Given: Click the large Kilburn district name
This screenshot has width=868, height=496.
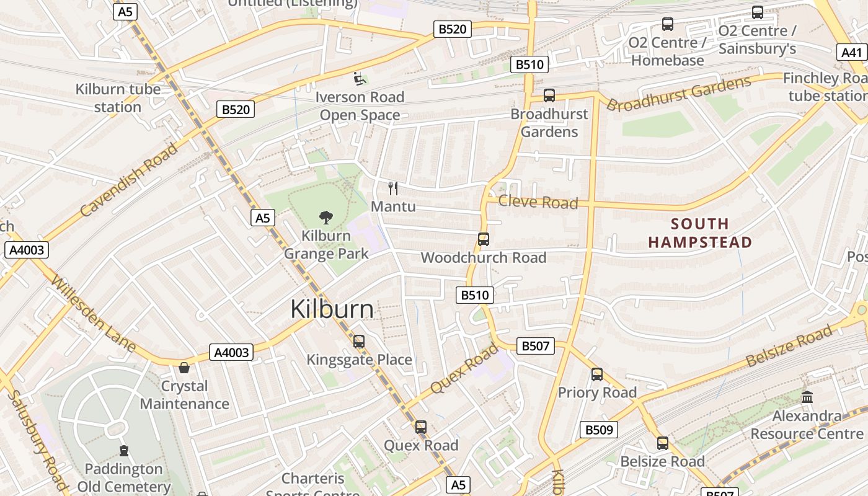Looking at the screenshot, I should point(332,309).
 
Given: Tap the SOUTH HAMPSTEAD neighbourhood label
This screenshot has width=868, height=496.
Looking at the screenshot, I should point(700,233).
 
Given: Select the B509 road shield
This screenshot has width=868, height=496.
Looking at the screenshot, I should point(599,430).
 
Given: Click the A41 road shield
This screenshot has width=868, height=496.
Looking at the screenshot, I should point(851,53).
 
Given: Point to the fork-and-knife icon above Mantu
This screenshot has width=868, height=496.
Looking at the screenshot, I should point(393,188).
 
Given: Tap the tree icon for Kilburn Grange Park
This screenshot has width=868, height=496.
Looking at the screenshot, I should point(325,217).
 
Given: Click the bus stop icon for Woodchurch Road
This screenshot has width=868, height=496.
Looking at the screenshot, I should point(484,239).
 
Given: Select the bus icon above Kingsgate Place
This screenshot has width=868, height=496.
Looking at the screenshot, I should point(358,342).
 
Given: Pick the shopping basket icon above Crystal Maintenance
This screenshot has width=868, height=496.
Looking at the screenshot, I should point(184,368).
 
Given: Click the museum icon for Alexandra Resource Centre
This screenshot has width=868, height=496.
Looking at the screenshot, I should point(807,397).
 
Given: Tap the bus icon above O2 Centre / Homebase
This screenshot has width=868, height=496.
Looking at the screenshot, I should point(668,24).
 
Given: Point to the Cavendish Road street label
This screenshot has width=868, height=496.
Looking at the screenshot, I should point(128,180).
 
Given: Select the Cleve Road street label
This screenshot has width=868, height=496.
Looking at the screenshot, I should point(538,202).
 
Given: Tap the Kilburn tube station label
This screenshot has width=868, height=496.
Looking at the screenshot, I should point(118,98).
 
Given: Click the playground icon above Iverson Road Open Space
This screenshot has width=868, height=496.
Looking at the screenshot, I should point(360,79).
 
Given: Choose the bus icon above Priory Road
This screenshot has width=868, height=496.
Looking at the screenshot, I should point(597,374).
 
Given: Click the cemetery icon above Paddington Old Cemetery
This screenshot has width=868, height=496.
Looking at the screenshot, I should point(124,450).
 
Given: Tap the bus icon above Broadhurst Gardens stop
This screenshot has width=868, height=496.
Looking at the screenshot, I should point(549,95).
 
